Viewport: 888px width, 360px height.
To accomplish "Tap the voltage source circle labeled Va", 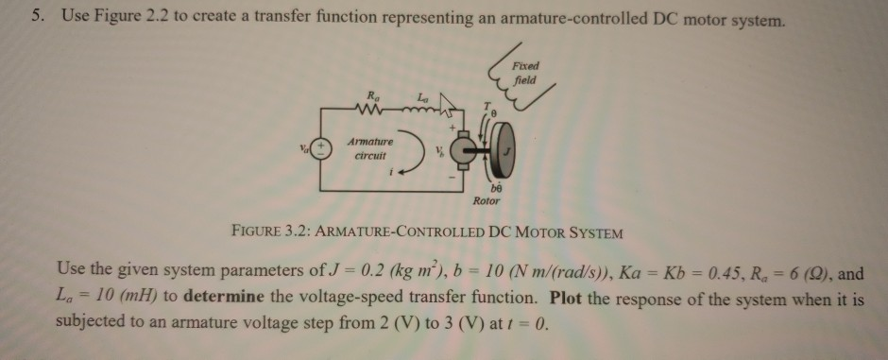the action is click(x=322, y=149).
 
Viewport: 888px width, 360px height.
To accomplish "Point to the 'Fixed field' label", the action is click(x=525, y=74).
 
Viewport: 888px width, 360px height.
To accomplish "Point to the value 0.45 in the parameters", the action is click(x=663, y=272).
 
